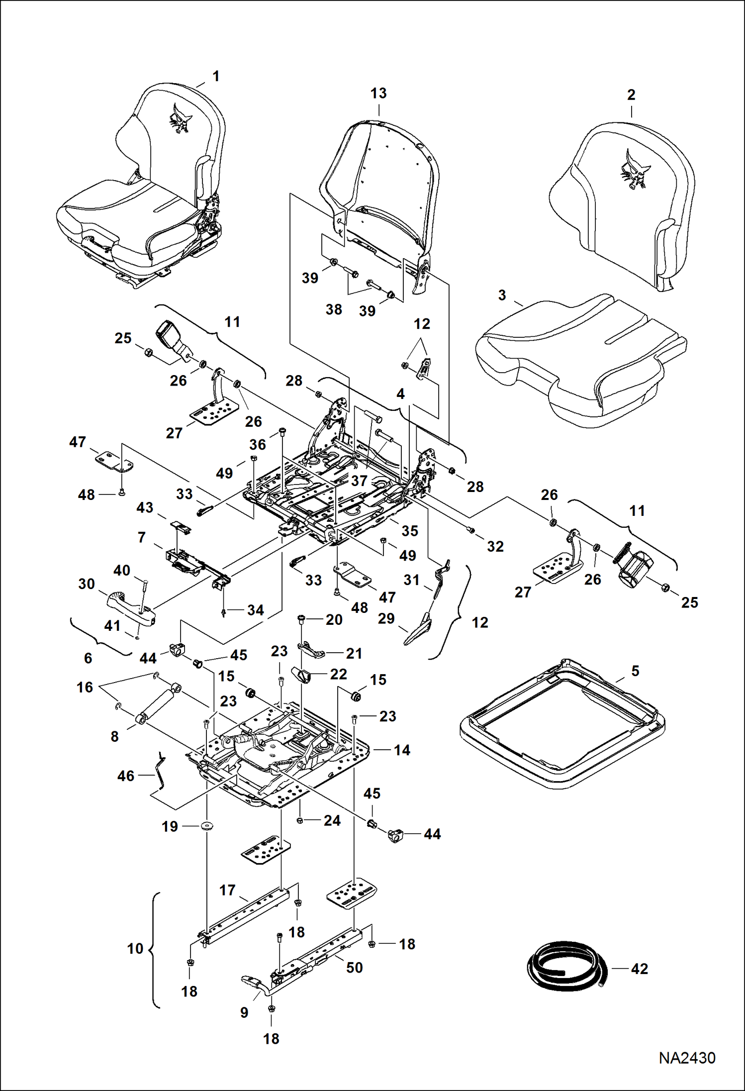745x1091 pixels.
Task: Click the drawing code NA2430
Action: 687,1058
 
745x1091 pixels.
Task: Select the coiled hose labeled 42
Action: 566,966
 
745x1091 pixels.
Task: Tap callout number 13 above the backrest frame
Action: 378,93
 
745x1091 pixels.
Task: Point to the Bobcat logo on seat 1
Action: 180,118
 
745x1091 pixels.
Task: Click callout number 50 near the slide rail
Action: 354,968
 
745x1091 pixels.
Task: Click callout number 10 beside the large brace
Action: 135,949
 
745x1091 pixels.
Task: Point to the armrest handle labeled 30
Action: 130,607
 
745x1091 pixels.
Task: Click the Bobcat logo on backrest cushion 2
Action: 632,169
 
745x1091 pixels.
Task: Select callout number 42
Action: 639,969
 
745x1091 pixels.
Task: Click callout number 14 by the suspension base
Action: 402,750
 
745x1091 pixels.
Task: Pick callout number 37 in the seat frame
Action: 359,481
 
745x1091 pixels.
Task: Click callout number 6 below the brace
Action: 88,658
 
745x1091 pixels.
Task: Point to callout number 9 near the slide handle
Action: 244,1012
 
